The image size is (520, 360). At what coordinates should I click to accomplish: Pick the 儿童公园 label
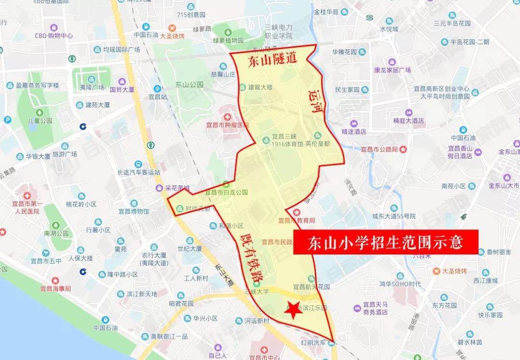tap(40, 120)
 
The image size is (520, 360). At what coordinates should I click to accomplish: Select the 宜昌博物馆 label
tap(130, 211)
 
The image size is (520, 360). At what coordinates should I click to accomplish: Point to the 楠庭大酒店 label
tap(408, 120)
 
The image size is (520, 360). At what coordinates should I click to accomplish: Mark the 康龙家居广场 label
tap(392, 70)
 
